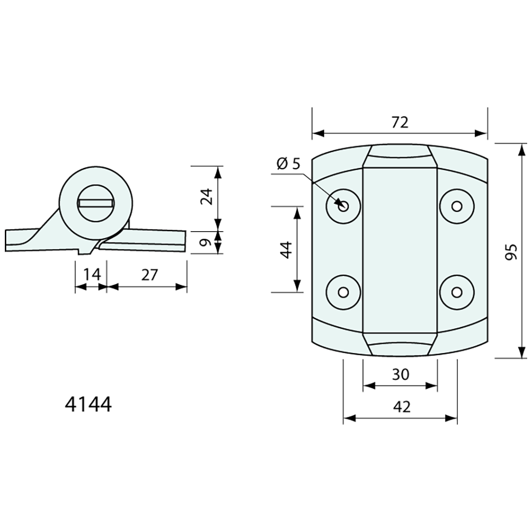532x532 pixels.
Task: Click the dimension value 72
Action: (x=400, y=122)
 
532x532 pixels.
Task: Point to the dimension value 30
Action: (x=400, y=374)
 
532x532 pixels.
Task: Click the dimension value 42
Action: (x=400, y=407)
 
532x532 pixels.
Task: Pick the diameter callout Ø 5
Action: (x=289, y=163)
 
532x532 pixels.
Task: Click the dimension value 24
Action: (x=207, y=196)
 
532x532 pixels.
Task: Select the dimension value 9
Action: (x=207, y=242)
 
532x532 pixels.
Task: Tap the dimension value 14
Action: (x=91, y=274)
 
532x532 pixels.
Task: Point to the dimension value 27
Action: (x=149, y=274)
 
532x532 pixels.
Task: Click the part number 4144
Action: (x=88, y=404)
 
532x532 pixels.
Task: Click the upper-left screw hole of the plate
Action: (x=343, y=206)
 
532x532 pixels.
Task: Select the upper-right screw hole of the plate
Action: (x=457, y=206)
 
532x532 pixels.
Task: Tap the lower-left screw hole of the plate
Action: (x=343, y=292)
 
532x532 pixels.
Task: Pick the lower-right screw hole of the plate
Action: (x=457, y=292)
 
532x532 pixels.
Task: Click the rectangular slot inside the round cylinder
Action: (x=95, y=203)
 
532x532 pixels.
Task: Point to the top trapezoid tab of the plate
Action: (x=400, y=156)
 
